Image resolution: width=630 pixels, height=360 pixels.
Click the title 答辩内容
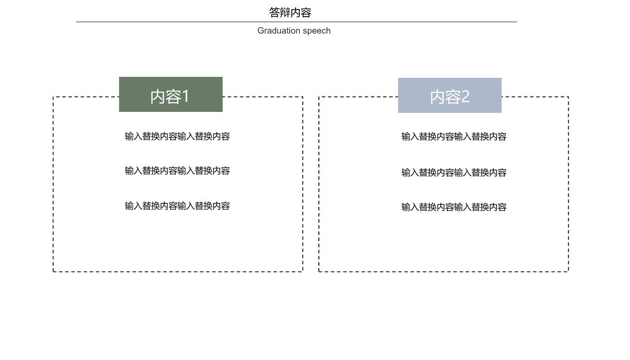pos(290,13)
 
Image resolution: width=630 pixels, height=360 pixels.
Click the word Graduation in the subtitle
pos(279,30)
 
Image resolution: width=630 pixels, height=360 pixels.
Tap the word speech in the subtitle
pos(316,31)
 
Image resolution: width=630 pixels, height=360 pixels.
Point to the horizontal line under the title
pos(297,22)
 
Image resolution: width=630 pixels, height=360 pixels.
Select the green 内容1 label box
pos(171,94)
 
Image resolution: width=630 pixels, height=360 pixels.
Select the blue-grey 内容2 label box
pos(450,95)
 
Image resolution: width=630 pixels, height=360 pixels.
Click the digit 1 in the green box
pos(185,96)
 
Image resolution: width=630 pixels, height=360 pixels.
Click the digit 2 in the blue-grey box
pos(466,96)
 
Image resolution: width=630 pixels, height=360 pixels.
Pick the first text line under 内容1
pos(177,136)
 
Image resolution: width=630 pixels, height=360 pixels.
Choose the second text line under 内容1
pos(177,171)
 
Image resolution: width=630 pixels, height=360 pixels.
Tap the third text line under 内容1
pos(177,206)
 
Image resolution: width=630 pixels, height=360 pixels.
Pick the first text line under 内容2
pos(454,137)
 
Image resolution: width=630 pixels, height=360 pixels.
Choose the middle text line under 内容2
pos(454,172)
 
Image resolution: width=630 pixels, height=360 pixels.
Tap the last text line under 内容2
pos(454,207)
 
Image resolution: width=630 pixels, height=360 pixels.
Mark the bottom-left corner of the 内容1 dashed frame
pos(53,271)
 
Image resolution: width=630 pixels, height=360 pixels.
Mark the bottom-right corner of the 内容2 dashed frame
pos(568,271)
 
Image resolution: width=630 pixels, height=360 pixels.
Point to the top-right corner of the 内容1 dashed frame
pos(303,97)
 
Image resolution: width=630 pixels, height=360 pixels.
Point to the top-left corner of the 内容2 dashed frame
pos(319,97)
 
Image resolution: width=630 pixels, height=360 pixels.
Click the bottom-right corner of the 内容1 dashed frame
pos(303,271)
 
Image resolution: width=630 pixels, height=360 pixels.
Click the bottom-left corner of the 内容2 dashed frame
pos(319,271)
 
